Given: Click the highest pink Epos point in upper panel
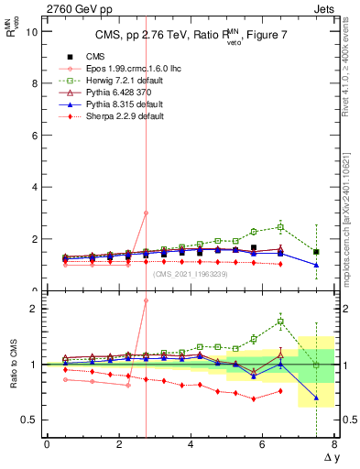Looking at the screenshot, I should [146, 213].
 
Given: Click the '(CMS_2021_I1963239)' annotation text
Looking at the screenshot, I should [190, 273].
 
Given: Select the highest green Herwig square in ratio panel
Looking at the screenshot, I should [280, 322].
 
